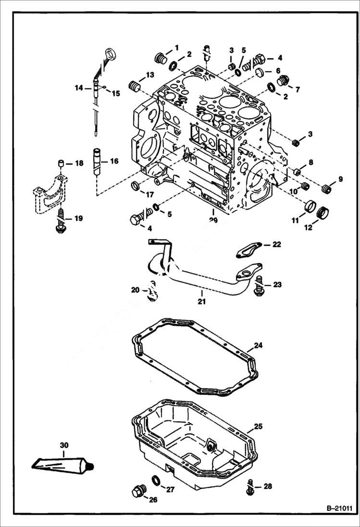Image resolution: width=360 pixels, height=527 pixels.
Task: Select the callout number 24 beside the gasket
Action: click(258, 345)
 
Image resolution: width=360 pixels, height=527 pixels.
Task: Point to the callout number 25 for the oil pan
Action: click(258, 426)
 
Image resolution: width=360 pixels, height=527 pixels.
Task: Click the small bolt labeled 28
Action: click(250, 487)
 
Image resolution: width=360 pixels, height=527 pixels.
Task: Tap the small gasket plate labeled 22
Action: click(249, 248)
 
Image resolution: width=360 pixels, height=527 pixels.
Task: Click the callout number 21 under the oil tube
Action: click(201, 302)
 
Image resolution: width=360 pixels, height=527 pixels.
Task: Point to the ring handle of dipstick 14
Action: click(110, 52)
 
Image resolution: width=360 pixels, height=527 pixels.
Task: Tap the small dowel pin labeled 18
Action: click(62, 164)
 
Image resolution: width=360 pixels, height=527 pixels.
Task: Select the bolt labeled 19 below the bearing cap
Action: click(61, 221)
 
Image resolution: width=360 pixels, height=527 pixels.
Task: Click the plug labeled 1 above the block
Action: click(161, 59)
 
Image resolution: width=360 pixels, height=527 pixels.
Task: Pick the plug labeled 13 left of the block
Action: click(134, 86)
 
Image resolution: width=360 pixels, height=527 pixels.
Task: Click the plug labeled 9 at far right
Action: click(327, 189)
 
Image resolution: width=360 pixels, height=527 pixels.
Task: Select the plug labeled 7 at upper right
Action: click(283, 80)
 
